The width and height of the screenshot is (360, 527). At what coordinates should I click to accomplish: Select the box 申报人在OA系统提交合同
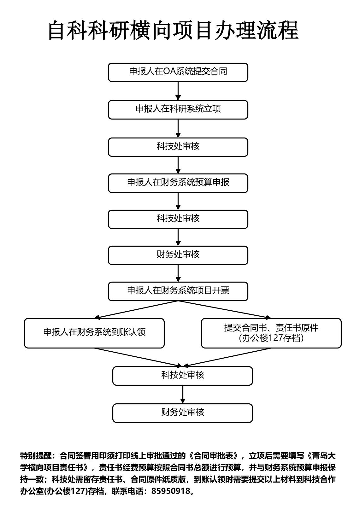(178, 72)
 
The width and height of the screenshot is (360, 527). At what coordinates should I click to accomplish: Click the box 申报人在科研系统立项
(178, 109)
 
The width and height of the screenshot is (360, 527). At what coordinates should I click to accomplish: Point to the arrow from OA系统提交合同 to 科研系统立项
(178, 91)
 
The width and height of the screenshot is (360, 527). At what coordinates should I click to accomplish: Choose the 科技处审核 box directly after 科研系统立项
(178, 147)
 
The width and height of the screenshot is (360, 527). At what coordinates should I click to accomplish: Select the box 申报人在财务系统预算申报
(178, 183)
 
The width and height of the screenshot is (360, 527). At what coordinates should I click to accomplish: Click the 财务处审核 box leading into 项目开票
(178, 255)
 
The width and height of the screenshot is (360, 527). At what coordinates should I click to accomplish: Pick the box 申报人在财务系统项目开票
(178, 291)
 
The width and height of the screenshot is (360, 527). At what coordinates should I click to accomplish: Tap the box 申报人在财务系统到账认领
(94, 333)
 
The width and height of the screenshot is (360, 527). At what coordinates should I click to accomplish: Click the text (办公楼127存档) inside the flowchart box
(271, 338)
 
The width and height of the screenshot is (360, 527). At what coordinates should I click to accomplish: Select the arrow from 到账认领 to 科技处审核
(139, 357)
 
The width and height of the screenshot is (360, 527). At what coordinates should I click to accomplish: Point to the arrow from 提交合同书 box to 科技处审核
(227, 357)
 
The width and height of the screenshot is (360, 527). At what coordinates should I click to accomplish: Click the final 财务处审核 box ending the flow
(182, 413)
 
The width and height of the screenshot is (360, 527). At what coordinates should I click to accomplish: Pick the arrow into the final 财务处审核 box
(182, 394)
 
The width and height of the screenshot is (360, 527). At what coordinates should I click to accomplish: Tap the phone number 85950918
(171, 491)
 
